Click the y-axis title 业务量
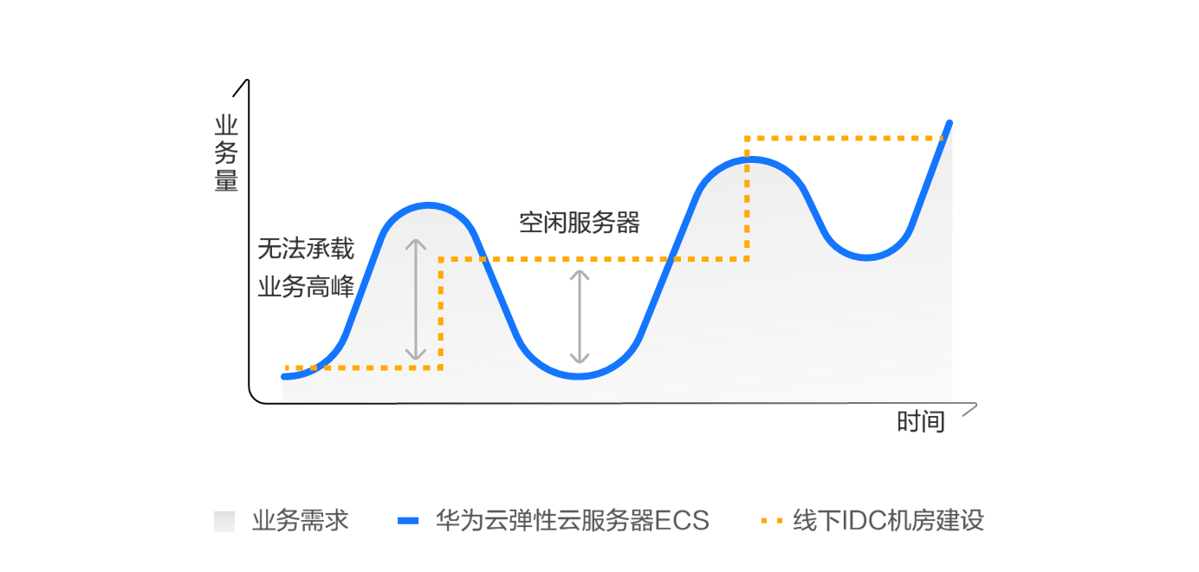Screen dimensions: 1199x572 (226, 153)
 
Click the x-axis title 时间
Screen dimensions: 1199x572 (921, 422)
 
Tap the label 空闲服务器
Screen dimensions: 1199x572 (580, 223)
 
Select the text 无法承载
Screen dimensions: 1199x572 (306, 249)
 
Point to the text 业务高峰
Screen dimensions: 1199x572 (306, 287)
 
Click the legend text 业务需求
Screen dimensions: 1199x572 (301, 521)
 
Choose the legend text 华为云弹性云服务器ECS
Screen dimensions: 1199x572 (572, 521)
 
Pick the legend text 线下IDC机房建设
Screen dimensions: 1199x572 (889, 521)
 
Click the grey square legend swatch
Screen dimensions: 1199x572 (224, 521)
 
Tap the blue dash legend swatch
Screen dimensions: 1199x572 (408, 521)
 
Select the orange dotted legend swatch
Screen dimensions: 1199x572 (771, 521)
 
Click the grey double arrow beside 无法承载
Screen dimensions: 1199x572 (415, 299)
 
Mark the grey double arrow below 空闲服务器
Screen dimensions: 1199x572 (580, 316)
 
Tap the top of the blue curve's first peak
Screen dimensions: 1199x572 (428, 205)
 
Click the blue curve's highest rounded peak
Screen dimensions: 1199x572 (750, 159)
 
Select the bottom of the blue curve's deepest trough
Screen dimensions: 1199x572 (579, 376)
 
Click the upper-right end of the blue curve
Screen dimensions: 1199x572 (949, 123)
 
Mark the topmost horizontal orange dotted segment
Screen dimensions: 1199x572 (844, 138)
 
